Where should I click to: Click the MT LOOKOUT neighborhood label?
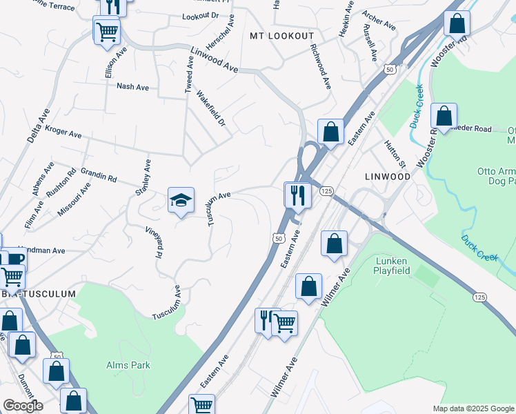(281, 36)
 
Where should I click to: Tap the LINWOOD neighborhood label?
(387, 177)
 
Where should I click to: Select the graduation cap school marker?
(181, 200)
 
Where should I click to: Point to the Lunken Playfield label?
(402, 266)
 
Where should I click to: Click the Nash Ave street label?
(133, 87)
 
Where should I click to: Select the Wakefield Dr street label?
(211, 108)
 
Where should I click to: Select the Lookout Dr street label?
(200, 16)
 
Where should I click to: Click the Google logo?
(23, 406)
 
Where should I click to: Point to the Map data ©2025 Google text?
(473, 408)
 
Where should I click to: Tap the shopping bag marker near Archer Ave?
(457, 23)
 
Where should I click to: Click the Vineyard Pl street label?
(154, 241)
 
